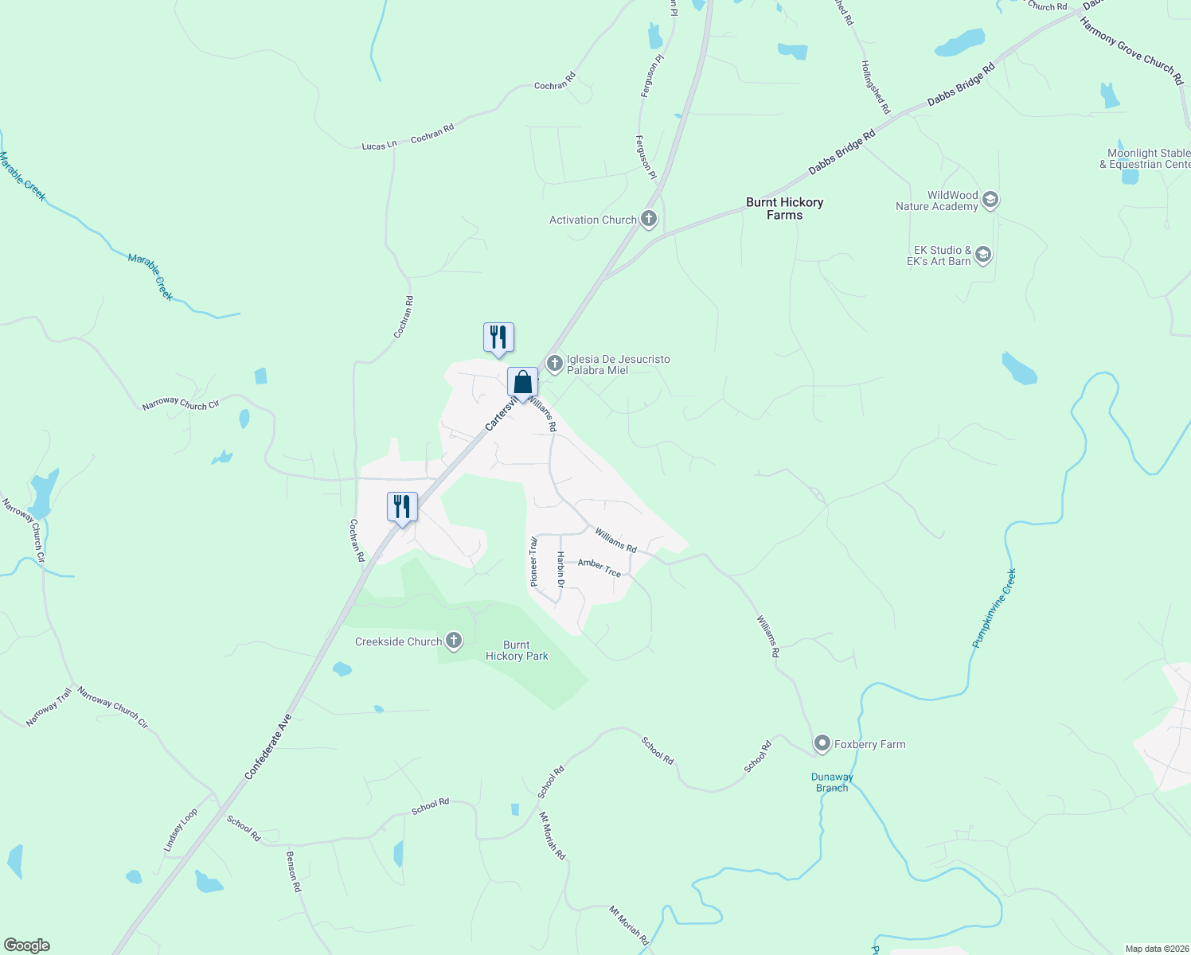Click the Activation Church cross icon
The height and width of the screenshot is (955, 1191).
click(649, 219)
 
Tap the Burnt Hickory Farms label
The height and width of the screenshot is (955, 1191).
click(784, 209)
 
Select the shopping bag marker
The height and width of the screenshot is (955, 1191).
click(522, 383)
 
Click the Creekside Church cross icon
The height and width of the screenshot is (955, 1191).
click(454, 641)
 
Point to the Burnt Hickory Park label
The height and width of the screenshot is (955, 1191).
click(517, 650)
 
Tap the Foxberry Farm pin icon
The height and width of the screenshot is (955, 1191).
click(822, 744)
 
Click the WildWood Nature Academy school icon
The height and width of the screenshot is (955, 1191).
click(990, 200)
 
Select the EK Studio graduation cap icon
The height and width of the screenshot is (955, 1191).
click(983, 255)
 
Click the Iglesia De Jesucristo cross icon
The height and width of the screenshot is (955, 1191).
click(555, 364)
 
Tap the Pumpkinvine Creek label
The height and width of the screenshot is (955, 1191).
click(994, 608)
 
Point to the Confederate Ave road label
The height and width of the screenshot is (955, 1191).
click(268, 746)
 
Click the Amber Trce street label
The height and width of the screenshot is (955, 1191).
click(599, 567)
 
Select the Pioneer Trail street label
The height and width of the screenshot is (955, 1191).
click(534, 562)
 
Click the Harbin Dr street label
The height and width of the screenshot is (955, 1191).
click(560, 570)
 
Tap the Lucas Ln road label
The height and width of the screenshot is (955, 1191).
click(379, 146)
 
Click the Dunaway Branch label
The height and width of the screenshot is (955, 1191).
click(832, 782)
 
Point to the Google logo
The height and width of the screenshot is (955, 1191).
click(26, 945)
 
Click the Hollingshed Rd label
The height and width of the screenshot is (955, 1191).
click(876, 87)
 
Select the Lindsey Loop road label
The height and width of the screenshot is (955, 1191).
click(180, 831)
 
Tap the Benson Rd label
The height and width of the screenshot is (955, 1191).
click(293, 871)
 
